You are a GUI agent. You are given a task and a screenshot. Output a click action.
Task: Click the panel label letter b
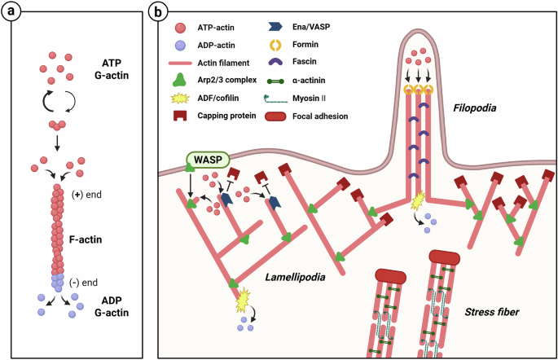[x=161, y=13]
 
